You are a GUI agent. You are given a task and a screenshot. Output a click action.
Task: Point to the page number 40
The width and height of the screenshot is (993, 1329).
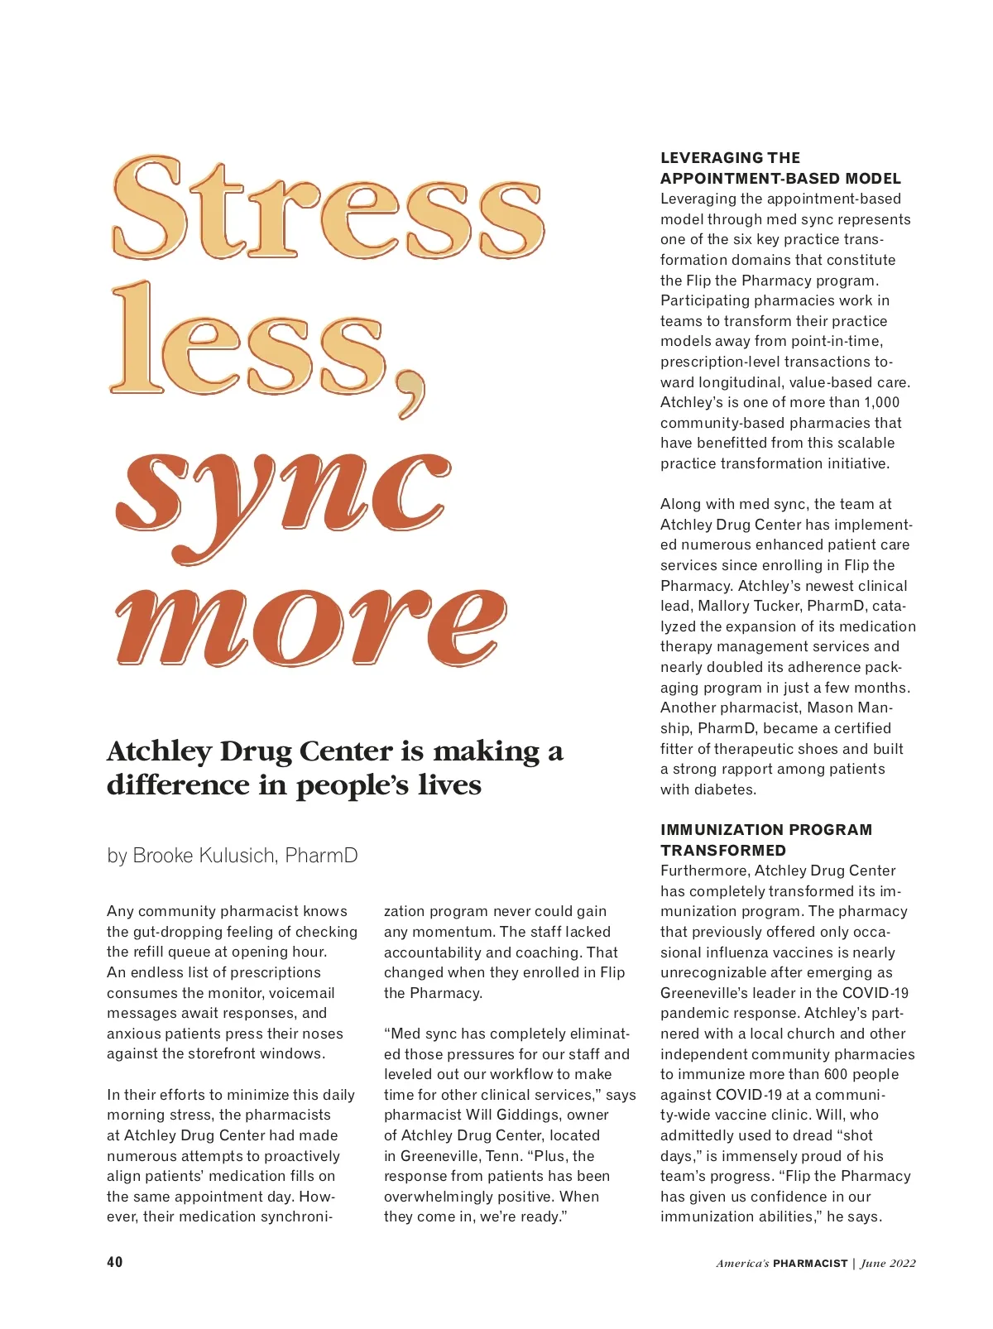(x=115, y=1261)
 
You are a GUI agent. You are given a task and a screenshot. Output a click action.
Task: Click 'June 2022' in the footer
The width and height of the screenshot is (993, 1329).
(x=888, y=1263)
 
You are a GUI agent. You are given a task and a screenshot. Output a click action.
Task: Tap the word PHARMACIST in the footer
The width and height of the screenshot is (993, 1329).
(x=810, y=1263)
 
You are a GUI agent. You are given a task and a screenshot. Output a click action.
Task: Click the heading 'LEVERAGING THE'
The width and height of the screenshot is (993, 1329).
(x=730, y=157)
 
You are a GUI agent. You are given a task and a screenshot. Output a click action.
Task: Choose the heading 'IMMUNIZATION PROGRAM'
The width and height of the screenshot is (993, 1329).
(x=765, y=829)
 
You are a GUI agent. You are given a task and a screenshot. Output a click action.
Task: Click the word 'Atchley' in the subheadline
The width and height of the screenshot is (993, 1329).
(x=160, y=751)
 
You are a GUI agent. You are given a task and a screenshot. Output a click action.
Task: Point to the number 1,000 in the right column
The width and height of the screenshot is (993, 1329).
(x=881, y=402)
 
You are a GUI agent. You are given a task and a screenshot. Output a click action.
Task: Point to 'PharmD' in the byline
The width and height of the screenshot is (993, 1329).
(x=321, y=855)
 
